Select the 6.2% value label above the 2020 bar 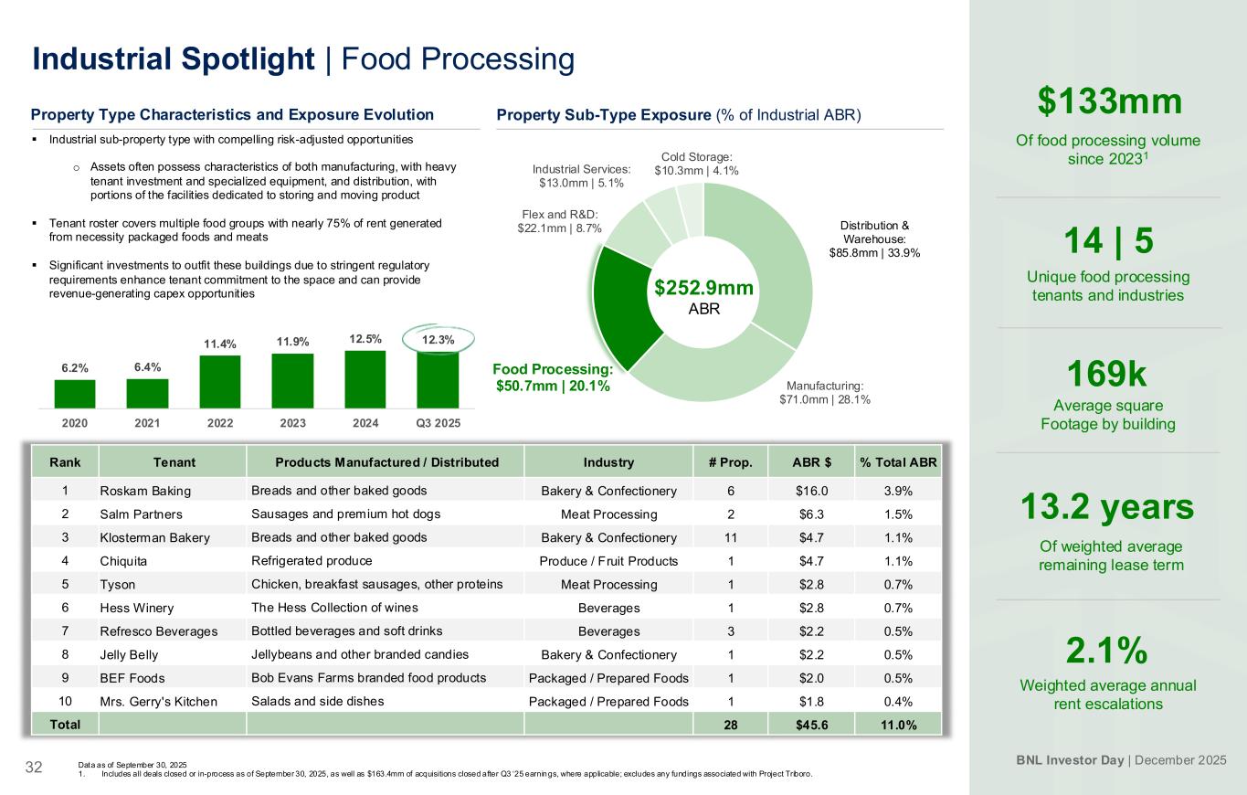75,368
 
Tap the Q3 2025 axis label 438,423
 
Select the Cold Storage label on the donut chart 697,164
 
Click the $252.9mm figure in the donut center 703,288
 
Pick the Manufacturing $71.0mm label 824,392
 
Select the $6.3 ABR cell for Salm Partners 810,514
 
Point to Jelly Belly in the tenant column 129,654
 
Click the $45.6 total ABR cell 810,725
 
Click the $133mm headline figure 1109,101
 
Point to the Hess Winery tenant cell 136,608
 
